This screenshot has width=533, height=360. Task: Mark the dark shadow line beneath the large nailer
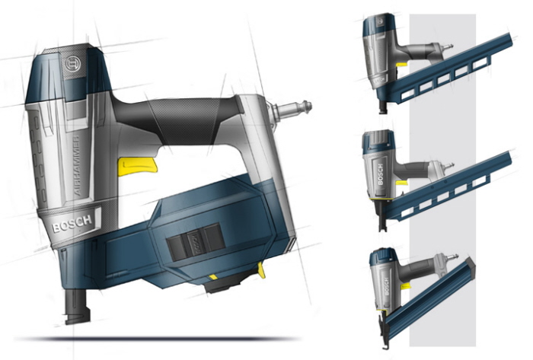(x=168, y=337)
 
